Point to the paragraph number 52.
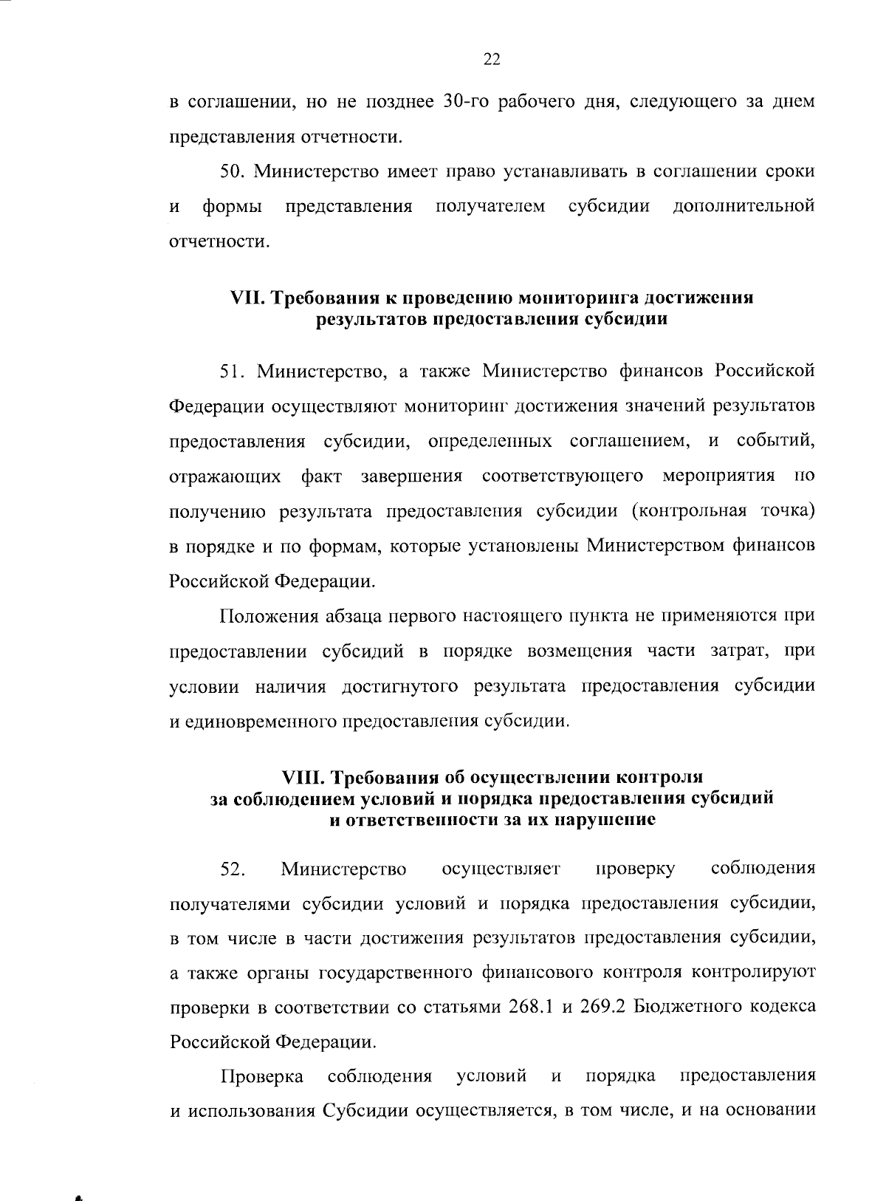pos(233,869)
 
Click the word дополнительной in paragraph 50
pos(744,206)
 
